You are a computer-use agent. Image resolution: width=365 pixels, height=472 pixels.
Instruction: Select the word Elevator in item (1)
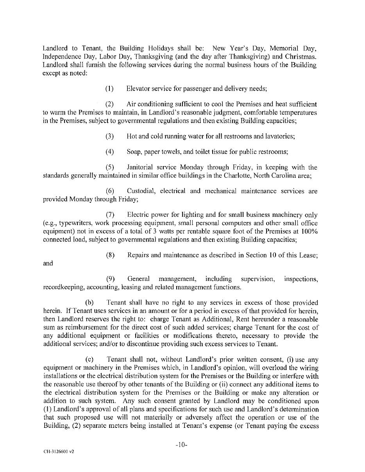coord(138,89)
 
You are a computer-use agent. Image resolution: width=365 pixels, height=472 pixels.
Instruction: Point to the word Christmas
coord(301,57)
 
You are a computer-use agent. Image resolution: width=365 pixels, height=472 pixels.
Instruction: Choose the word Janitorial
coord(141,168)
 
